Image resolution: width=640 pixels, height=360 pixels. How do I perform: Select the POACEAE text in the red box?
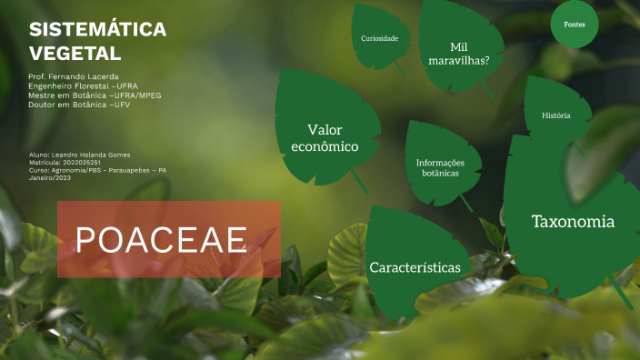pos(162,240)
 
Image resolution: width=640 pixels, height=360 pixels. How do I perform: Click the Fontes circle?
pos(575,25)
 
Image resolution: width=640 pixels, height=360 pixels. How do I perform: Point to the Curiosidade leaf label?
pos(379,38)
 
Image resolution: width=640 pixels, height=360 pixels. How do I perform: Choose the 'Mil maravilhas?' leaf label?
pos(459,54)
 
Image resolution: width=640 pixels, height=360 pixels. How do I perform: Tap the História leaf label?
pos(555,115)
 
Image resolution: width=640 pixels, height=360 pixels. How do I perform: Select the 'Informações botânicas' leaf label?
pos(440,166)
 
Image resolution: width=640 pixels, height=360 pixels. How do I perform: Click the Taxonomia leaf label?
pos(573,222)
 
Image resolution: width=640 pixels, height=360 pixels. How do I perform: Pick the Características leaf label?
pos(415,267)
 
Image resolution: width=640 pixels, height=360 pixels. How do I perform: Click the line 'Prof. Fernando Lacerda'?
pos(74,76)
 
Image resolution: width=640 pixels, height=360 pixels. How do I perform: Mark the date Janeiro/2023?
pos(50,177)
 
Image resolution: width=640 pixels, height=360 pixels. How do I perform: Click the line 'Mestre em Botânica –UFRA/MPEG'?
pos(95,95)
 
